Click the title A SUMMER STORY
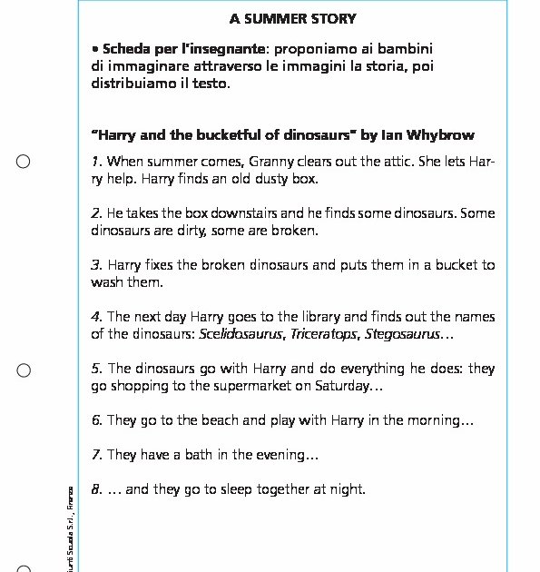click(293, 18)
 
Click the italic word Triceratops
click(324, 333)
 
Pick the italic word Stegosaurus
click(400, 333)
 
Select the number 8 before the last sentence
click(95, 489)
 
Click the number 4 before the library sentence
click(95, 317)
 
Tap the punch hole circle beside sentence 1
click(24, 162)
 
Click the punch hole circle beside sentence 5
click(24, 370)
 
